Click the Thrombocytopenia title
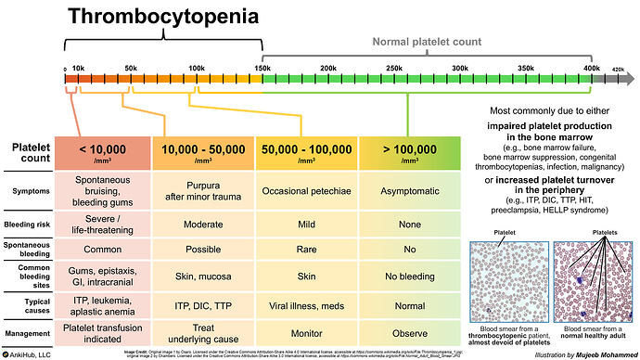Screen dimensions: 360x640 [163, 16]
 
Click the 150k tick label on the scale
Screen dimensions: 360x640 [262, 69]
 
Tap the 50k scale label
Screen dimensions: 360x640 [131, 69]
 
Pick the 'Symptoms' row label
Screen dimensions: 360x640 [31, 191]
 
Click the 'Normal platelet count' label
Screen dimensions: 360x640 [429, 42]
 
